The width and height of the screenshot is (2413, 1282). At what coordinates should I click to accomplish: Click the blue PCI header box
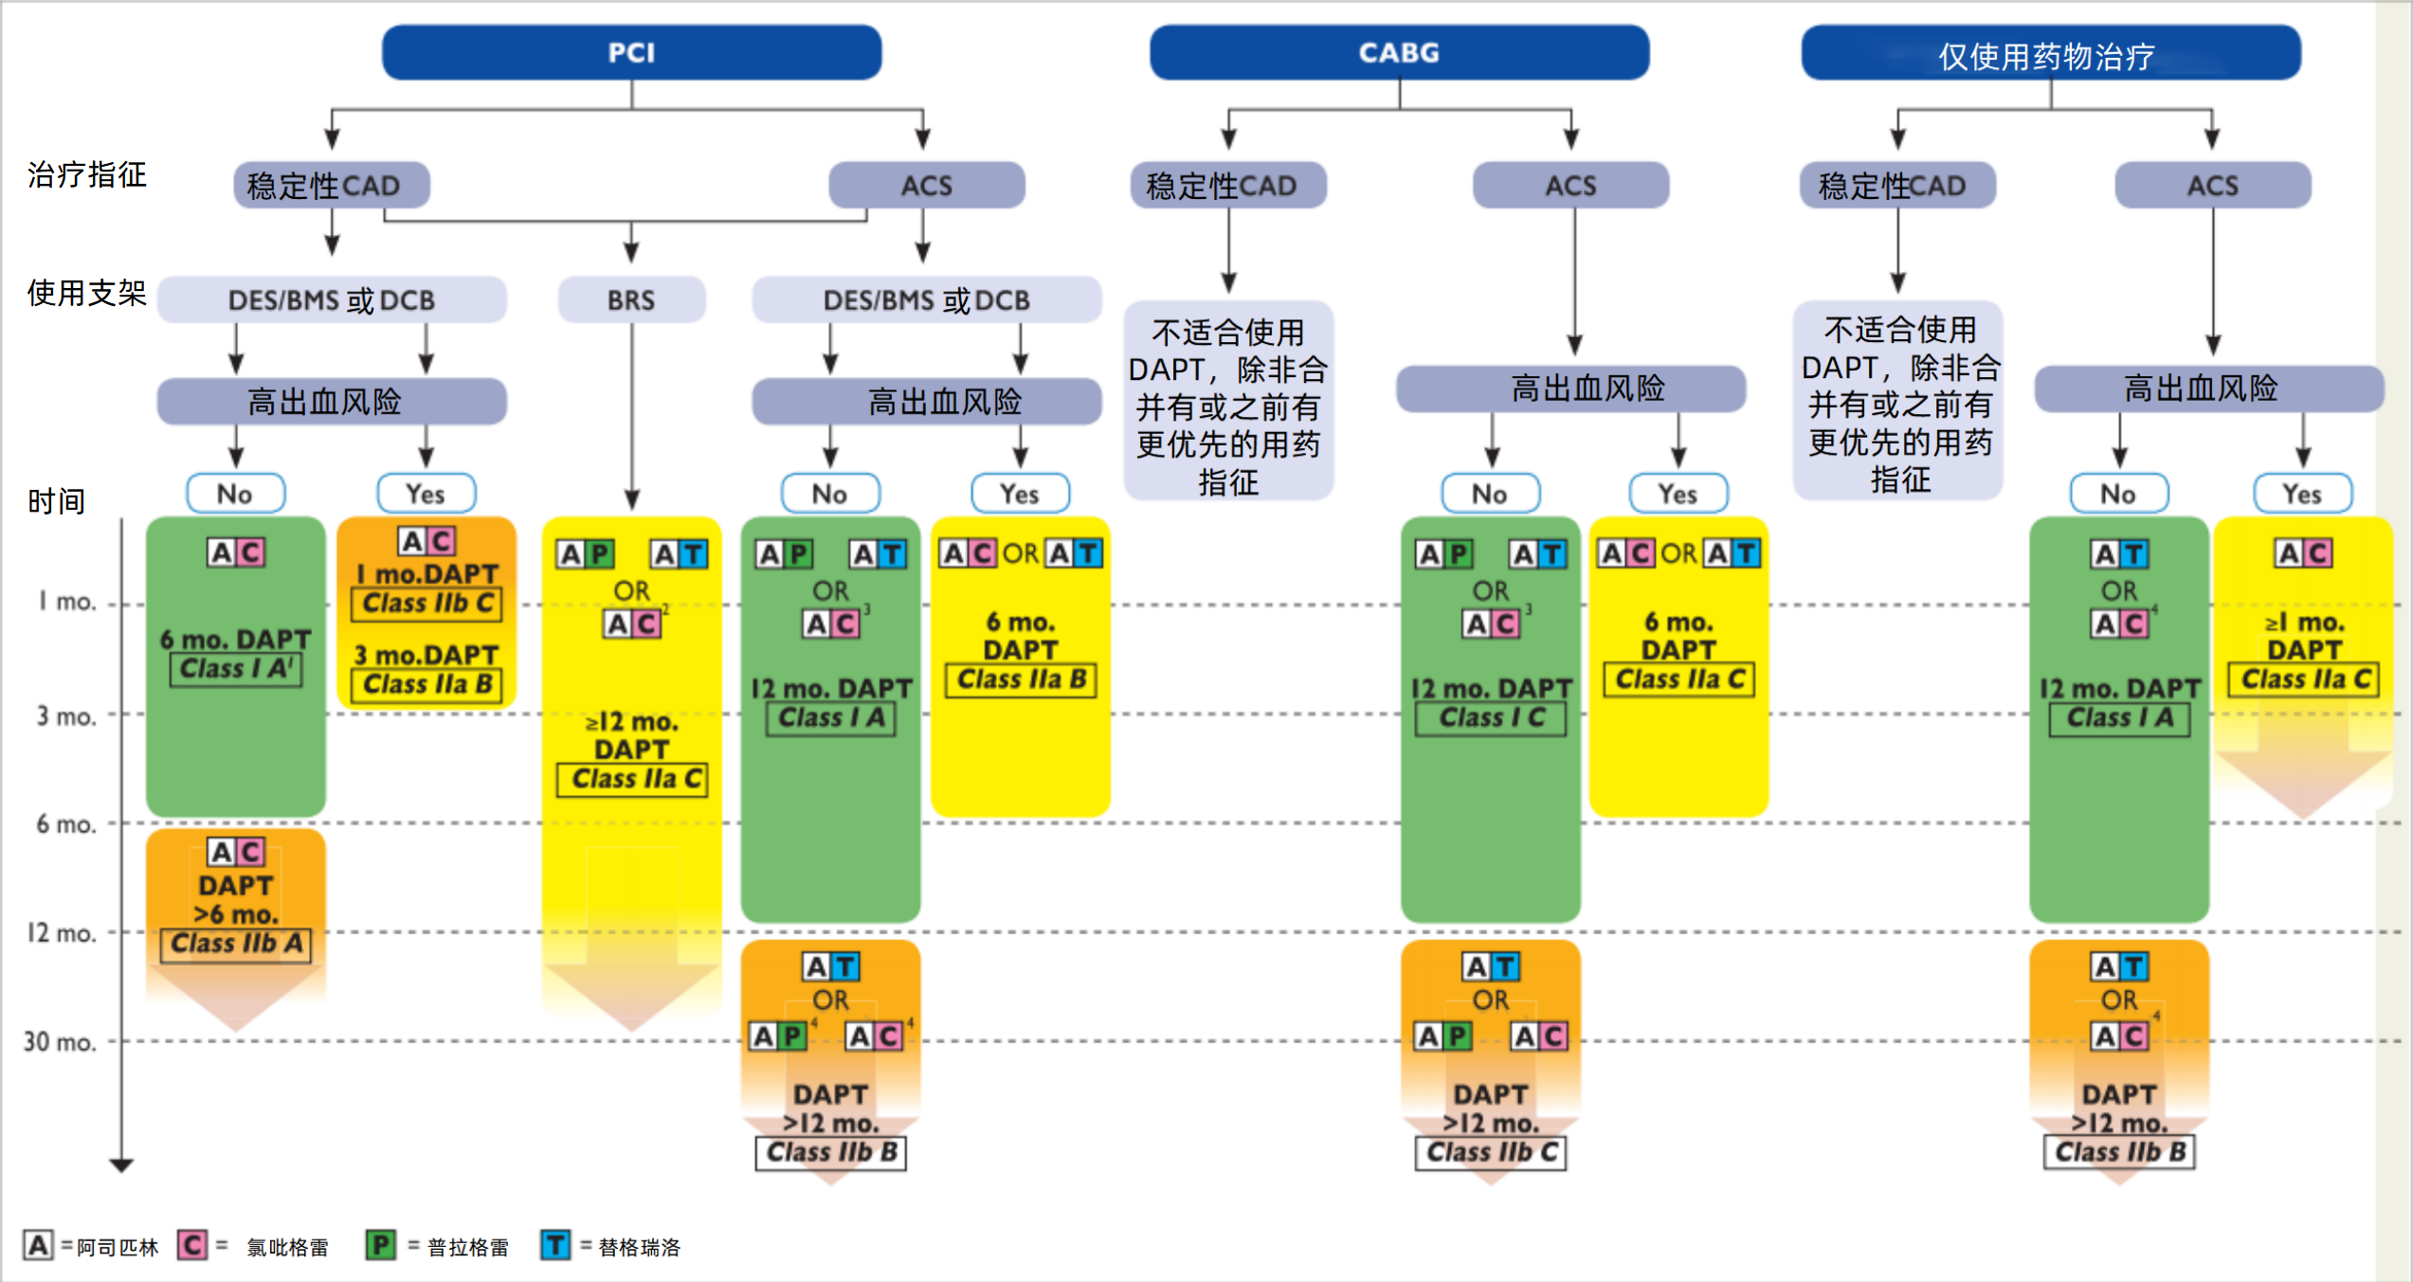click(x=631, y=53)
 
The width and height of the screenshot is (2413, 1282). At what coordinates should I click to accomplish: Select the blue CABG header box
click(x=1399, y=53)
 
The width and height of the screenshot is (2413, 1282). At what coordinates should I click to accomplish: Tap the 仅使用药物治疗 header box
click(x=2050, y=55)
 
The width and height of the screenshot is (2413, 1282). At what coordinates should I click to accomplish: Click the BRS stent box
click(x=631, y=300)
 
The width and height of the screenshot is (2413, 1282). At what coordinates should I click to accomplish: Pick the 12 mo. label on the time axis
click(x=62, y=933)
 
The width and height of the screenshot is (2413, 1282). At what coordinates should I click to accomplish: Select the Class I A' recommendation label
click(x=236, y=669)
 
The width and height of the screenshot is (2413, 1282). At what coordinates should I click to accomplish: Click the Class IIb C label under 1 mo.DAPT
click(x=426, y=604)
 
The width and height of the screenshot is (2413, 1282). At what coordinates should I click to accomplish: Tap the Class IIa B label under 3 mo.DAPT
click(x=426, y=684)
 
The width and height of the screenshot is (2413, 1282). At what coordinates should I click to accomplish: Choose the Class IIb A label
click(x=236, y=944)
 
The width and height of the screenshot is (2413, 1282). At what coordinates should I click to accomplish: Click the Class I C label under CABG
click(x=1490, y=718)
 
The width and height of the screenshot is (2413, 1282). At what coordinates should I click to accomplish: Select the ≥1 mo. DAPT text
click(x=2304, y=636)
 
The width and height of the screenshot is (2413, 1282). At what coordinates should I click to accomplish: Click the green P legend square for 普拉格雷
click(x=381, y=1245)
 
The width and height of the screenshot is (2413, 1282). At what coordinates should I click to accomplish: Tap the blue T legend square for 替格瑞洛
click(x=555, y=1245)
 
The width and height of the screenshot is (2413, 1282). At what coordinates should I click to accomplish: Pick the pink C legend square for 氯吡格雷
click(x=192, y=1245)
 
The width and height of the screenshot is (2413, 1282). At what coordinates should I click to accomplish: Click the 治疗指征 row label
click(x=87, y=175)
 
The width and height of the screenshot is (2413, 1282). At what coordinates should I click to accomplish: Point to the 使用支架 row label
click(x=87, y=294)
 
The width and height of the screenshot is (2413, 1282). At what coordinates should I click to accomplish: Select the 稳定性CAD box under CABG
click(x=1227, y=186)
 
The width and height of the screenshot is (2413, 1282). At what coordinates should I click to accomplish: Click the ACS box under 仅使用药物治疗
click(x=2212, y=186)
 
